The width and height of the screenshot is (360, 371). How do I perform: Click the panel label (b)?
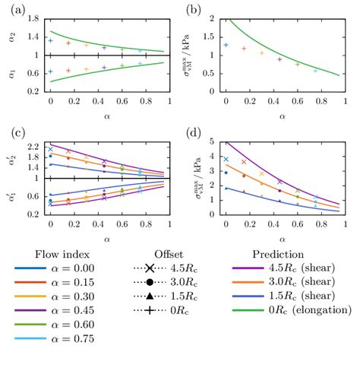tap(196, 10)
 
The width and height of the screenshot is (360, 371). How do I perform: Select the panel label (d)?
tap(196, 135)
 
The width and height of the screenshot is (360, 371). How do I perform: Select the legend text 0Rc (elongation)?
tap(306, 309)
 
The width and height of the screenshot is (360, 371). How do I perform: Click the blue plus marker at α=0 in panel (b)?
tap(226, 45)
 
